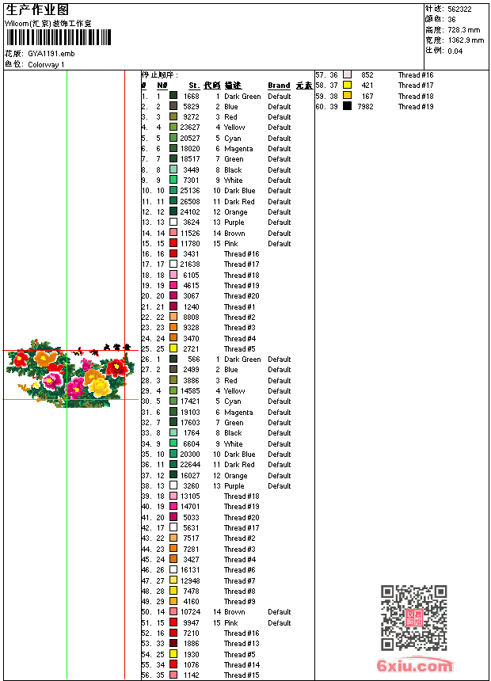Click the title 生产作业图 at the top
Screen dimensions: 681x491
tap(37, 10)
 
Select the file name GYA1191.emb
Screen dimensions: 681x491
tap(51, 54)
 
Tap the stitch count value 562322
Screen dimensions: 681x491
tap(459, 10)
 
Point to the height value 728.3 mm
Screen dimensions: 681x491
tap(464, 30)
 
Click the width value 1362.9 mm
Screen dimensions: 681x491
tap(466, 40)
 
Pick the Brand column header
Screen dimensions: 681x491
tap(279, 86)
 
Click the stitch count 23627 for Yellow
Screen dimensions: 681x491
tap(190, 127)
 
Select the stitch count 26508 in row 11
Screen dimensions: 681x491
tap(190, 201)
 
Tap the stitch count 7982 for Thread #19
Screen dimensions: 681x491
tap(365, 106)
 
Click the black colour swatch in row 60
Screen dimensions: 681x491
tap(347, 106)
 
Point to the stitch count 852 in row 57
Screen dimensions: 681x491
tap(367, 75)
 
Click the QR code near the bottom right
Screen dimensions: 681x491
tap(413, 618)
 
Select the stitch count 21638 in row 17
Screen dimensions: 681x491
tap(190, 264)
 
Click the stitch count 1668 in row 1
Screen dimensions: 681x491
tap(192, 97)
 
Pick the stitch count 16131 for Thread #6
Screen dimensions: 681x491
tap(190, 570)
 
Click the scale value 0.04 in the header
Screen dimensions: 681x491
tap(455, 51)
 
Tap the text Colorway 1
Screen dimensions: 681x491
tap(46, 65)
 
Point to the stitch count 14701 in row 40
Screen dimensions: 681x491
tap(190, 507)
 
